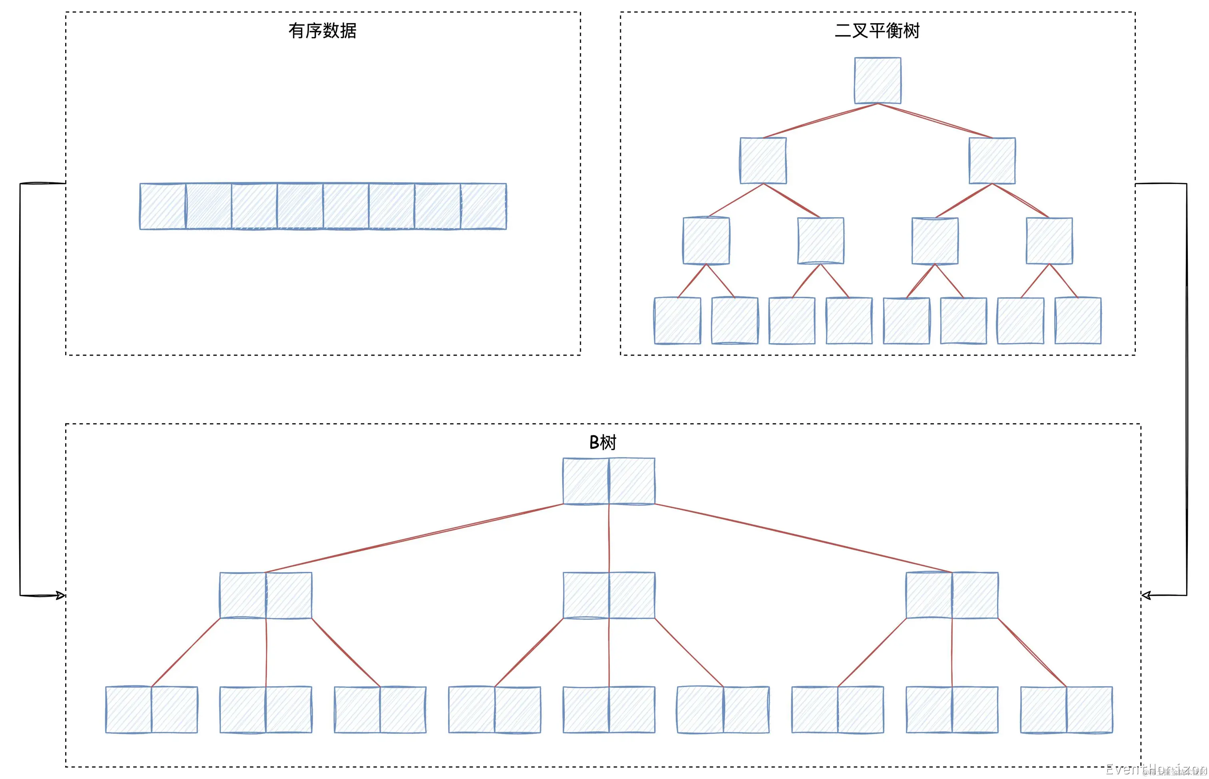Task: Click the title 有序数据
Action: pyautogui.click(x=322, y=31)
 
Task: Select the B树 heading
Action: pyautogui.click(x=603, y=443)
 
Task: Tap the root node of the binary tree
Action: pyautogui.click(x=877, y=80)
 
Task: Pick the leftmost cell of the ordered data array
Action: pyautogui.click(x=163, y=206)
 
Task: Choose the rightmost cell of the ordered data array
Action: pyautogui.click(x=483, y=206)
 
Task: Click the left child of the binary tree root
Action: pyautogui.click(x=762, y=161)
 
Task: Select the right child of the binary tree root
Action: pyautogui.click(x=992, y=161)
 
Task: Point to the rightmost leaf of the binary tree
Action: pyautogui.click(x=1077, y=321)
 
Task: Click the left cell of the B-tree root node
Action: pyautogui.click(x=586, y=481)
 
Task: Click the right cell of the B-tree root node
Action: pyautogui.click(x=632, y=481)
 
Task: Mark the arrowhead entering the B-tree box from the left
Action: pyautogui.click(x=61, y=595)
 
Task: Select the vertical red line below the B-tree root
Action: pyautogui.click(x=609, y=538)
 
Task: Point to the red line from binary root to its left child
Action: pyautogui.click(x=820, y=120)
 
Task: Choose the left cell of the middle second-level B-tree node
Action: pyautogui.click(x=586, y=595)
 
